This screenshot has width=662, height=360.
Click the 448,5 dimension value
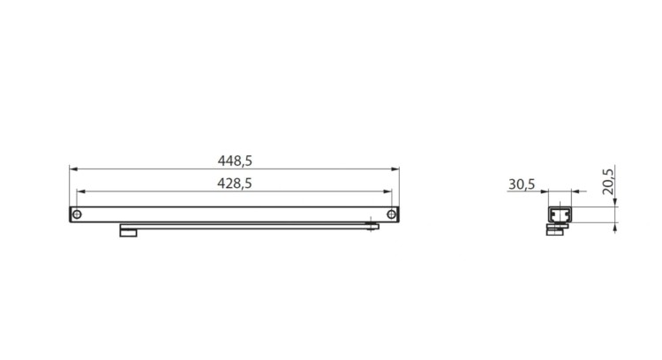235,161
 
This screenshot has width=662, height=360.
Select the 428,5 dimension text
235,184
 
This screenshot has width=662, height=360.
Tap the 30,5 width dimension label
522,184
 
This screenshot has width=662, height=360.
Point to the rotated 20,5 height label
608,182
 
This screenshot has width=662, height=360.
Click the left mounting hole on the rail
77,214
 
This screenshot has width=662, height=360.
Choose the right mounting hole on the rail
391,214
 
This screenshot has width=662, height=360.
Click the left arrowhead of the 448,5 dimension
73,169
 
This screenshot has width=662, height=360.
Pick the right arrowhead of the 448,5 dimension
395,169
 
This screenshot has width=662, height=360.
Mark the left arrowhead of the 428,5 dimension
81,191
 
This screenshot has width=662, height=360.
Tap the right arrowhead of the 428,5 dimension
387,191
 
